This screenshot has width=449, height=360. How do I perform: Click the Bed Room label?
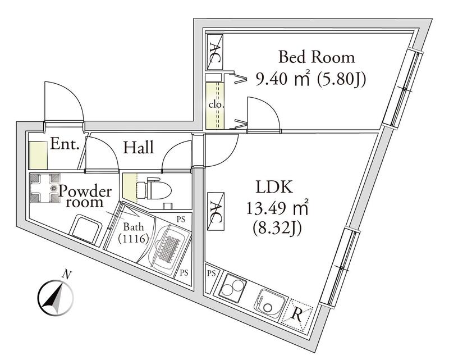(x=317, y=57)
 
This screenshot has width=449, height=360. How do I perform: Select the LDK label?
(x=274, y=187)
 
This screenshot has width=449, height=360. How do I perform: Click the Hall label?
(x=139, y=147)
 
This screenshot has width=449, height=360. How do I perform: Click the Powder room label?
(x=85, y=197)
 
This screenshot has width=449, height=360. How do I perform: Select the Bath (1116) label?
(x=134, y=233)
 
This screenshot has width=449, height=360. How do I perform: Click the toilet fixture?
(x=153, y=188)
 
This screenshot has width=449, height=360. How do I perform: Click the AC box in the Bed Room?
(x=215, y=52)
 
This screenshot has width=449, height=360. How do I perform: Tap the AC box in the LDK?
(x=216, y=211)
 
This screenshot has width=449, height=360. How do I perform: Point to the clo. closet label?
(x=216, y=104)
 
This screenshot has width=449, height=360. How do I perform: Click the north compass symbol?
(x=56, y=297)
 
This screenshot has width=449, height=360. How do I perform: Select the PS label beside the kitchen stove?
(x=211, y=274)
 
